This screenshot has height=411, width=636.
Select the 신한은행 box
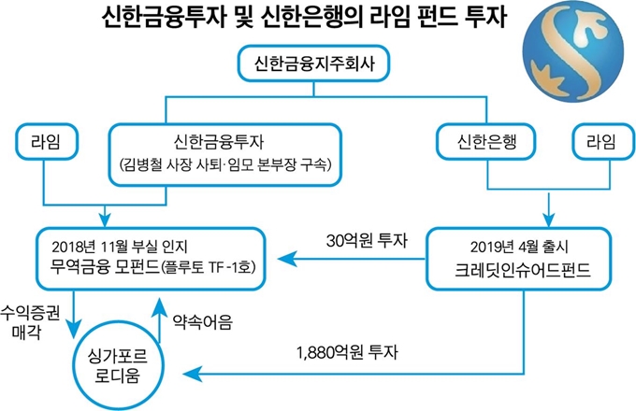pyautogui.click(x=486, y=141)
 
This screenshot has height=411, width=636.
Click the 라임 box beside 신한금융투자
pyautogui.click(x=46, y=141)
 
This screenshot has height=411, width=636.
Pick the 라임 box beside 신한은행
pyautogui.click(x=602, y=141)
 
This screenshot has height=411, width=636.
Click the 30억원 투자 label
pyautogui.click(x=367, y=240)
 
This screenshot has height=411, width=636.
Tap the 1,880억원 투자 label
pyautogui.click(x=347, y=352)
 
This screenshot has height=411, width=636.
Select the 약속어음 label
pyautogui.click(x=203, y=322)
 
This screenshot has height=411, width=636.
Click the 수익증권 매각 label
pyautogui.click(x=30, y=322)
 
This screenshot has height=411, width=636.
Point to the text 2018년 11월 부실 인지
pyautogui.click(x=120, y=247)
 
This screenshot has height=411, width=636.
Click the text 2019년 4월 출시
pyautogui.click(x=519, y=247)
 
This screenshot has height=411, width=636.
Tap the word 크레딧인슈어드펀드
pyautogui.click(x=522, y=270)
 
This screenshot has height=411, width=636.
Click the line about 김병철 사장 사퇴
pyautogui.click(x=225, y=164)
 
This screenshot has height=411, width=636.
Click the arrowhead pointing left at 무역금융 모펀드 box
pyautogui.click(x=286, y=259)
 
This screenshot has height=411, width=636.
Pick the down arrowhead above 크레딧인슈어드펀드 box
pyautogui.click(x=549, y=220)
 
